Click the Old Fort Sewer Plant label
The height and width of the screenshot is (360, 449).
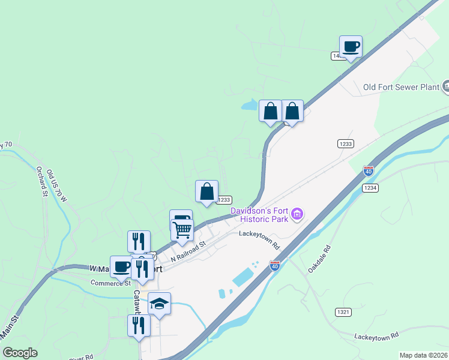coord(401,87)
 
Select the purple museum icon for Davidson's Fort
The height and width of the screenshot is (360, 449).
coord(296,214)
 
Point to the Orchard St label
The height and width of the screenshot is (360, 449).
coord(42,181)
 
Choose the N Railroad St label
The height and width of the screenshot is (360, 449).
coord(188,251)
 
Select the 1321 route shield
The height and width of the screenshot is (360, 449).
coord(343,312)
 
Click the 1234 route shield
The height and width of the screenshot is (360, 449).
coord(370,188)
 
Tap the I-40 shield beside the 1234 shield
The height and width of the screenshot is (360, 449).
coord(369,172)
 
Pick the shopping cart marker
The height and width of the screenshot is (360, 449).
coord(182,229)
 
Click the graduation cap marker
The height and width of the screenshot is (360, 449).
coord(159,304)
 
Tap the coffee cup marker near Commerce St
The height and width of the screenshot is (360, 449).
coord(121,267)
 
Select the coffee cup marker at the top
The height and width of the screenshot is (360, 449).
coord(351,46)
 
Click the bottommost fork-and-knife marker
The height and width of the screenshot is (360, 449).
coord(139,325)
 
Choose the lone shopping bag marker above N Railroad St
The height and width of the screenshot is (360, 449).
coord(206,191)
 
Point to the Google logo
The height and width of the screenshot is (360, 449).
coord(20,353)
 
